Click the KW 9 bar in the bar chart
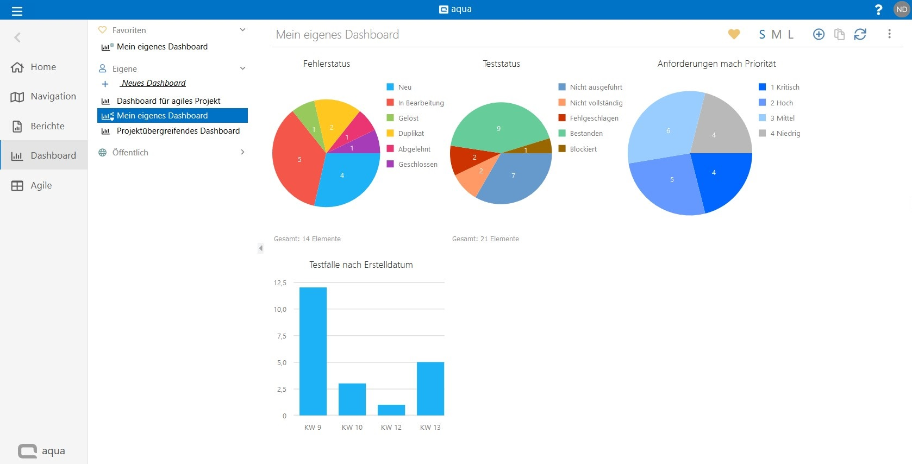313,351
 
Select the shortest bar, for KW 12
391,410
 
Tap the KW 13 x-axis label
430,428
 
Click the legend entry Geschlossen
417,164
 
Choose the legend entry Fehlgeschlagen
594,118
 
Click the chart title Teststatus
501,64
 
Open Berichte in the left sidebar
47,126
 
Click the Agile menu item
41,185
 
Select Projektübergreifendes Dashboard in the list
178,131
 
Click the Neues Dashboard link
154,83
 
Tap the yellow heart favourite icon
734,34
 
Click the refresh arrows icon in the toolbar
860,34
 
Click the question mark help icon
878,10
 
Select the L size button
791,34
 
